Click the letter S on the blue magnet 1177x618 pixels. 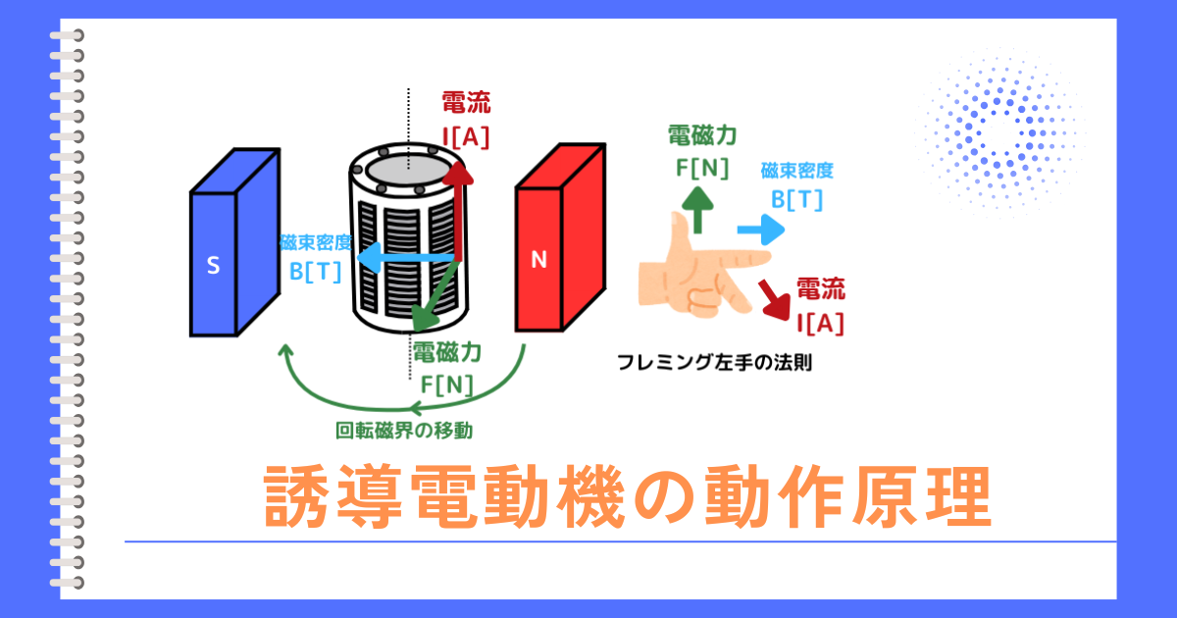point(212,265)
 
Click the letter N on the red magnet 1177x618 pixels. point(537,260)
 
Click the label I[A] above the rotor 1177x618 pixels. point(466,137)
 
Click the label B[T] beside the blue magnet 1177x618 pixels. point(315,272)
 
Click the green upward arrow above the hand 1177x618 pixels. point(698,209)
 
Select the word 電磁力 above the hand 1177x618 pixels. point(702,134)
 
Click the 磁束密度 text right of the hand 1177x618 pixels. point(796,171)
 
